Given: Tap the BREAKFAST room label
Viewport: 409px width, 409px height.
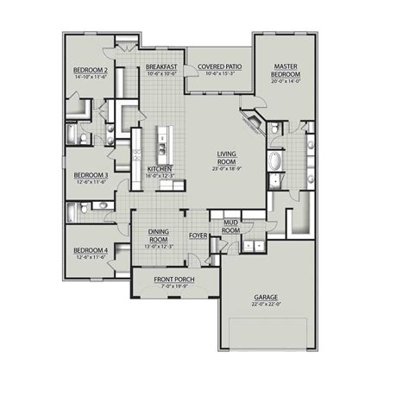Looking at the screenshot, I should click(x=161, y=66).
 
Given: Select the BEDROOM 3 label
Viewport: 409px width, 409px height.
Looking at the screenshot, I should click(x=89, y=173).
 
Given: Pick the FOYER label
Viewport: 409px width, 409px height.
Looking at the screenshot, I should click(x=198, y=235).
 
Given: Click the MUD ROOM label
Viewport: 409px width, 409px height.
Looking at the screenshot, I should click(x=230, y=227).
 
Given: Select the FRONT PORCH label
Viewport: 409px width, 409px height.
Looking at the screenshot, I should click(x=173, y=280).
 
